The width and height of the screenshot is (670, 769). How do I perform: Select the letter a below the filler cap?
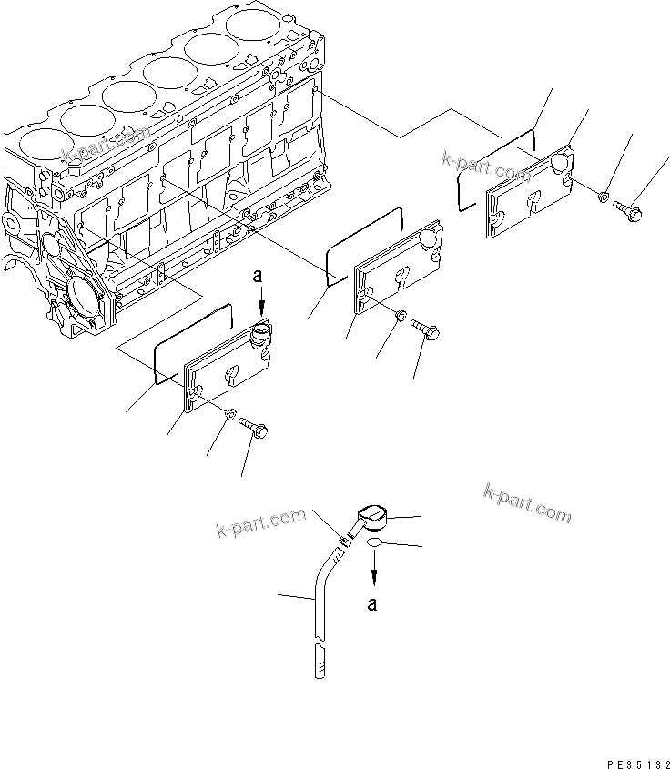(372, 602)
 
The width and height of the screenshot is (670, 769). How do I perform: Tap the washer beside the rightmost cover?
(602, 196)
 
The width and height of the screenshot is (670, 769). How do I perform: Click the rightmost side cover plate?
(529, 194)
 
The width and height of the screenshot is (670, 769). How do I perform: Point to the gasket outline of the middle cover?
(364, 241)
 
